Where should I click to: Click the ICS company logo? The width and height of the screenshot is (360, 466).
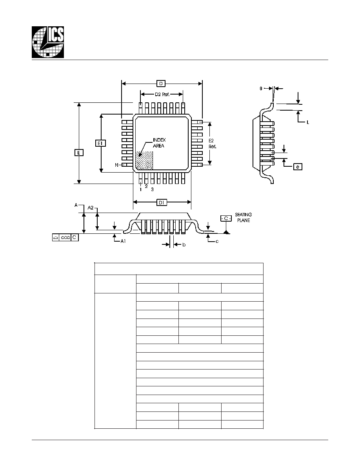[48, 42]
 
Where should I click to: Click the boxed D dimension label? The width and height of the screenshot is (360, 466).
[161, 84]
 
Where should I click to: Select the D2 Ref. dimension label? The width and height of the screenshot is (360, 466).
[162, 95]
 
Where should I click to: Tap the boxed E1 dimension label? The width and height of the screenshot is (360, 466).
[100, 143]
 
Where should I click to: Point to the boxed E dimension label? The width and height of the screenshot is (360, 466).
[79, 153]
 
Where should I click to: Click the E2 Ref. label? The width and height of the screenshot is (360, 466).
[212, 144]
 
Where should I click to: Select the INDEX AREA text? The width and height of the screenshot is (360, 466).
[159, 143]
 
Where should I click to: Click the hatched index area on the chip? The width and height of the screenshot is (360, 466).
[144, 160]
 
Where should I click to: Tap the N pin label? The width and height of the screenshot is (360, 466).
[117, 165]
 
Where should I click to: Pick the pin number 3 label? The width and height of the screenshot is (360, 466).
[153, 189]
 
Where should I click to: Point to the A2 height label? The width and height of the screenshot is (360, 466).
[91, 208]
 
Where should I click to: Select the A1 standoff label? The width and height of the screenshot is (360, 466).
[123, 241]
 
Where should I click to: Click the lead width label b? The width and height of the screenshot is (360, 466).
[184, 245]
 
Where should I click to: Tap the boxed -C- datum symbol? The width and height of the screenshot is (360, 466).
[226, 218]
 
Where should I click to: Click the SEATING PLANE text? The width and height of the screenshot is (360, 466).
[243, 217]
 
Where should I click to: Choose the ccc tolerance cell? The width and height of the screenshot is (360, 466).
[65, 237]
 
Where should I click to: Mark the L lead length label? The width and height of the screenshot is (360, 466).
[308, 122]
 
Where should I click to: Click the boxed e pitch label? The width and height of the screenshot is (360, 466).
[298, 167]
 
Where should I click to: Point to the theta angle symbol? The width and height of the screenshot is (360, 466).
[261, 89]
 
